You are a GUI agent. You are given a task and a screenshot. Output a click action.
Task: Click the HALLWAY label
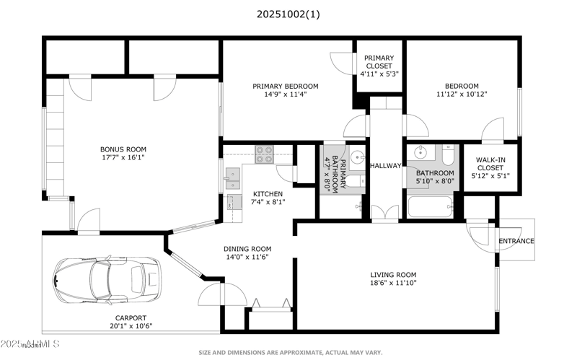coord(385,166)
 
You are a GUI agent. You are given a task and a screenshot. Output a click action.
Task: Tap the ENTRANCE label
coord(516,241)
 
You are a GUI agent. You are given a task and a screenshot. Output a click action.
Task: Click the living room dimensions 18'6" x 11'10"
coord(394,283)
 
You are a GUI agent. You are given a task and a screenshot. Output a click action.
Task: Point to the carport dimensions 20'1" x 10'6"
coord(131,325)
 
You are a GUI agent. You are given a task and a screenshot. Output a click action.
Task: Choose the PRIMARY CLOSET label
coord(379,58)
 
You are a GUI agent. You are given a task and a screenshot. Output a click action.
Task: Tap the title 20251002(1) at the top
coord(287,14)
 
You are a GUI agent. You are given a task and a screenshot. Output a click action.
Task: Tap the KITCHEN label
coord(268,193)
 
